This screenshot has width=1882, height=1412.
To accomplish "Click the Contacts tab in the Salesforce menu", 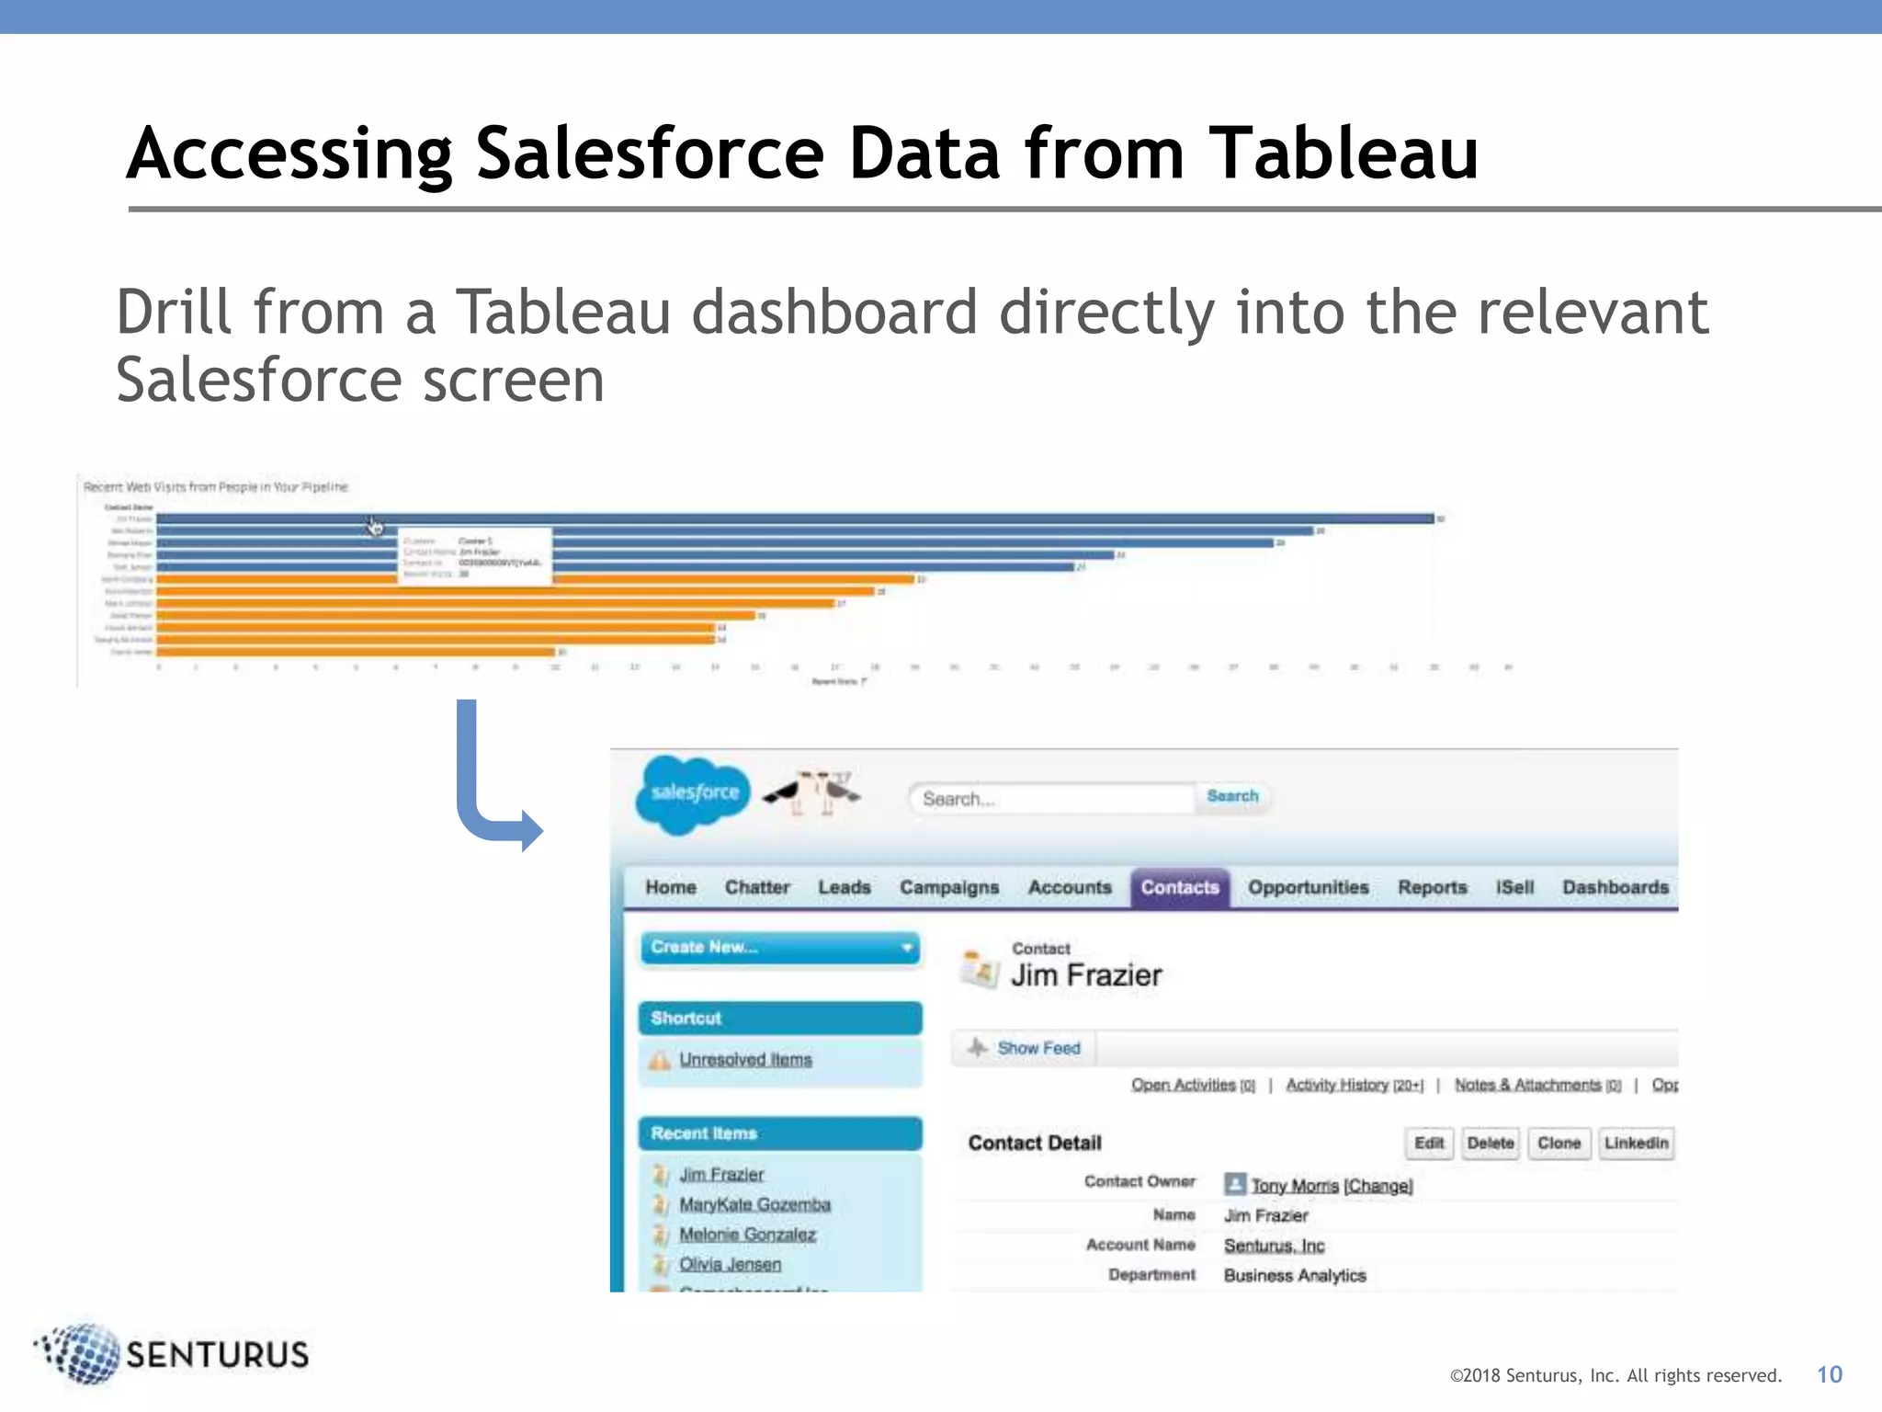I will [x=1180, y=888].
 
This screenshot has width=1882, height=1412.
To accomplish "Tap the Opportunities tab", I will [x=1308, y=888].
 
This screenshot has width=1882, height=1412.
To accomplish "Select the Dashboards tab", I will [x=1615, y=888].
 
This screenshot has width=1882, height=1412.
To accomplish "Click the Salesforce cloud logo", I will [x=694, y=793].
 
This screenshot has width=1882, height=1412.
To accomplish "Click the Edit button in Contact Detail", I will [x=1428, y=1144].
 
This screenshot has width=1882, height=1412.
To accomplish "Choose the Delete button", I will [x=1490, y=1144].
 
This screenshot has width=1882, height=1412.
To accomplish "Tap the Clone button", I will [x=1559, y=1144].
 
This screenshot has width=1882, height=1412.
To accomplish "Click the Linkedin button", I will [x=1636, y=1144].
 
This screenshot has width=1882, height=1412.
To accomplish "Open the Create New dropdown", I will [x=780, y=948].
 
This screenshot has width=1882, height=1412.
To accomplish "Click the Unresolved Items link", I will [x=745, y=1060].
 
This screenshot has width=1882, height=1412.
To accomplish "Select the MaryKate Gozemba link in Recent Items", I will [x=754, y=1205].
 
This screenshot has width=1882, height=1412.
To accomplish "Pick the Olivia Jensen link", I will [x=730, y=1265].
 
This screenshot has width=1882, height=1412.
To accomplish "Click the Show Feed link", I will [x=1038, y=1049].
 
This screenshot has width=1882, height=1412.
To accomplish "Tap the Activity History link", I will [x=1337, y=1086].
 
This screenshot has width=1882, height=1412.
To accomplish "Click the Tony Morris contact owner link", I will [x=1295, y=1187].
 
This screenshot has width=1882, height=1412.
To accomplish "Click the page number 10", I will [x=1829, y=1375].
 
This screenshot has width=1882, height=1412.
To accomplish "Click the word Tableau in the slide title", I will [x=1343, y=154].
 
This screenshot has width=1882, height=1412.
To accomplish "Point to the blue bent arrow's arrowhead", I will [x=531, y=830].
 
